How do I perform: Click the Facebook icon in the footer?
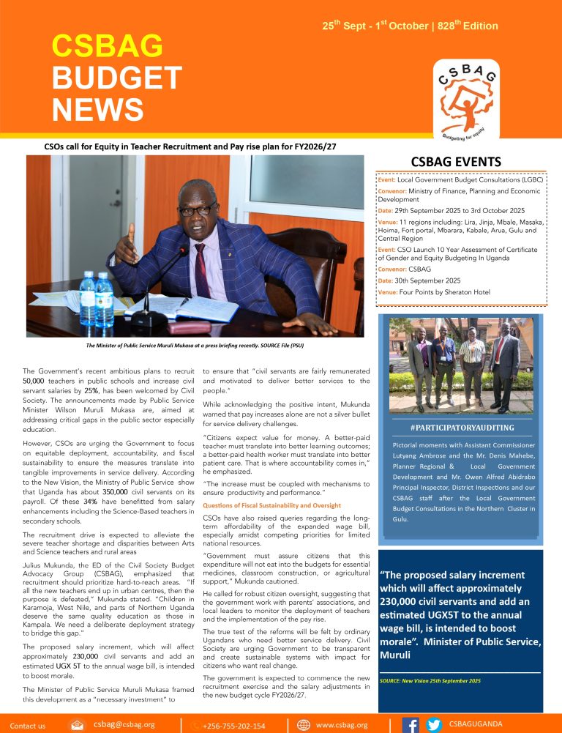tap(411, 725)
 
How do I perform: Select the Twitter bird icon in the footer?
tap(434, 725)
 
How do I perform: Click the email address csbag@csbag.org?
tap(124, 724)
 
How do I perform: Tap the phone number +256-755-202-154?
tap(234, 726)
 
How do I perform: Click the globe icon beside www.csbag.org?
tap(304, 725)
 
